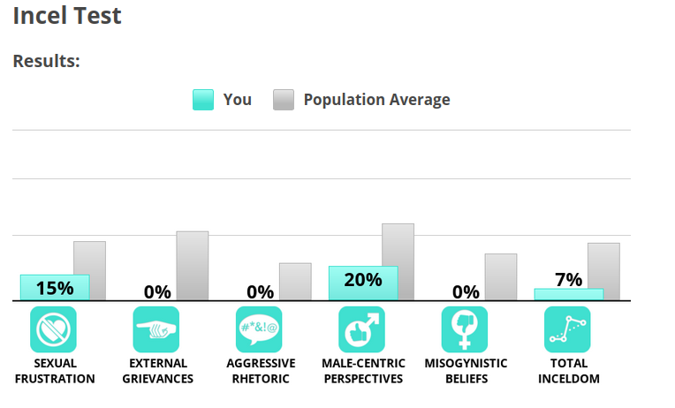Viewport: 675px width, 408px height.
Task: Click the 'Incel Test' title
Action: (67, 16)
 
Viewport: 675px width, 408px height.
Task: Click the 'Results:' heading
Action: (46, 62)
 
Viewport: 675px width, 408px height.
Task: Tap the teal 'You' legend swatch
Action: (203, 100)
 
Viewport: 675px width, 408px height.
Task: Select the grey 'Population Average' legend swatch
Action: (284, 100)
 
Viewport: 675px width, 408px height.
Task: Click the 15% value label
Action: (55, 288)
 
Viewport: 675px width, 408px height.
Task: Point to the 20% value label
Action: (363, 280)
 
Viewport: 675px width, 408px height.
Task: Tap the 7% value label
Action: (569, 280)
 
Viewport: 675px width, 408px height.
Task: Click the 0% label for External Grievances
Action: (157, 291)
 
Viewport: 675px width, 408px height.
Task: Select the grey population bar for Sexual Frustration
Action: (89, 270)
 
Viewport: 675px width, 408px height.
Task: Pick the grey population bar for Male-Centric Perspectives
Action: (398, 261)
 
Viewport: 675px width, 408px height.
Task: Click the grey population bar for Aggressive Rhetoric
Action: (295, 281)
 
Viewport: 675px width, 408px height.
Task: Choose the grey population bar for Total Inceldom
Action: (603, 271)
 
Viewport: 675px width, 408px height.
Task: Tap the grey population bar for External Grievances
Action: (192, 265)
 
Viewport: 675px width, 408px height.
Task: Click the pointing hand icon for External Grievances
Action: (156, 329)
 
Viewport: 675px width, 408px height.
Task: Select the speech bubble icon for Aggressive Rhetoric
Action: (259, 329)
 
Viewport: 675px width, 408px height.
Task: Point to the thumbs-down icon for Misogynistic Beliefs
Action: (465, 329)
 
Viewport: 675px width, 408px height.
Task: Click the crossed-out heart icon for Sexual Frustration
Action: (54, 329)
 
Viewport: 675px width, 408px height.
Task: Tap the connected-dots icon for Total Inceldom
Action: (567, 329)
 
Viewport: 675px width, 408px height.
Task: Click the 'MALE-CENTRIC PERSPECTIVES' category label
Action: (363, 371)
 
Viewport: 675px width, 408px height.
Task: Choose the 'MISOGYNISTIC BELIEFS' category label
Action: (466, 371)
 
